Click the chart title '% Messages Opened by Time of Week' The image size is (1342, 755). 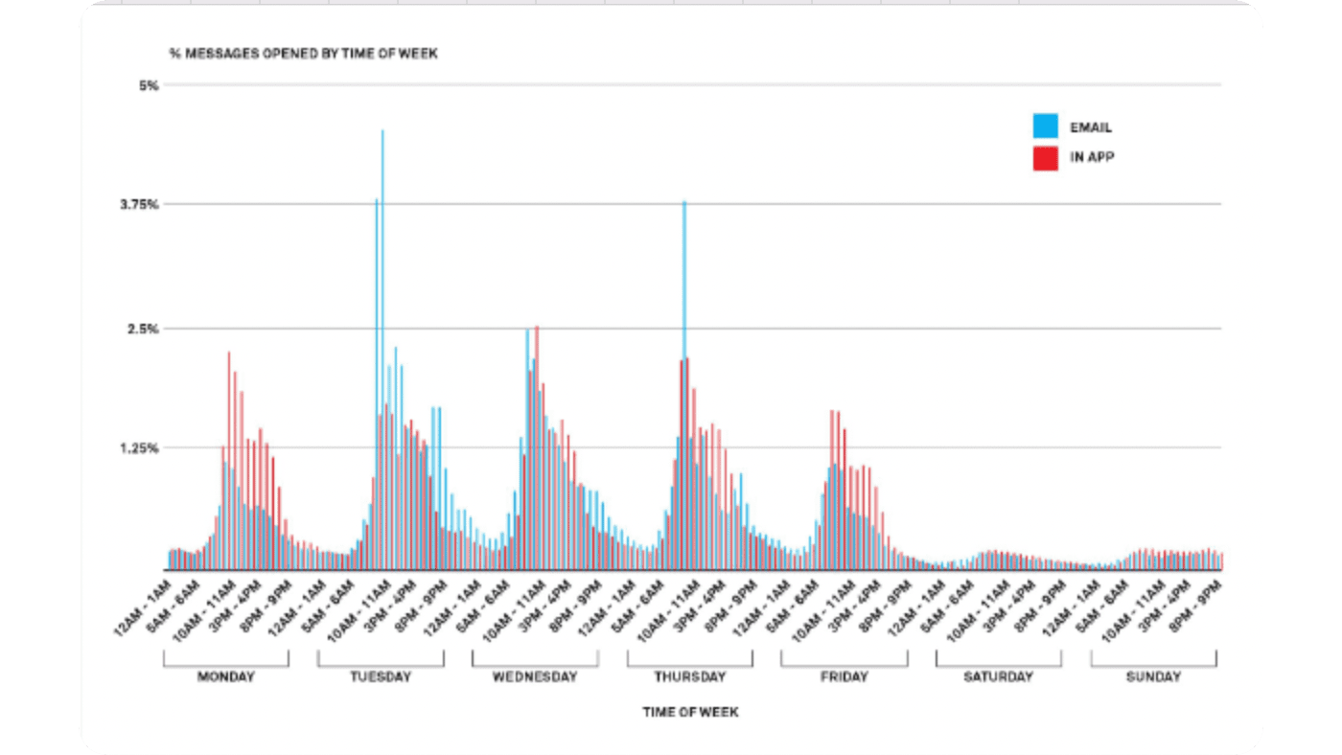(x=303, y=54)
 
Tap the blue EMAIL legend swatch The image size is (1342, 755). (x=1045, y=126)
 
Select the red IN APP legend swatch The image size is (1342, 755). (x=1045, y=158)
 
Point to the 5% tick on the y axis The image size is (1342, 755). (x=149, y=85)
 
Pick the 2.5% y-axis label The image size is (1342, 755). (x=144, y=329)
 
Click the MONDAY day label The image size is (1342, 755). (x=226, y=676)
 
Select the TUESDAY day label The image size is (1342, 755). (x=381, y=676)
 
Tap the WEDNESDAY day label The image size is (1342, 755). (x=535, y=676)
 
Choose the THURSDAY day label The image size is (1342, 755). (x=690, y=676)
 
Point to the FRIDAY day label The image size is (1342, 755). (x=845, y=676)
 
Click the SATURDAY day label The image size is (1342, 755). (x=999, y=676)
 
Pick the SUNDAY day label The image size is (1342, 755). (x=1153, y=676)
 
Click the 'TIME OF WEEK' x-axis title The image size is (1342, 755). (x=690, y=712)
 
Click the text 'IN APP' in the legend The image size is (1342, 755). (x=1092, y=158)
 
